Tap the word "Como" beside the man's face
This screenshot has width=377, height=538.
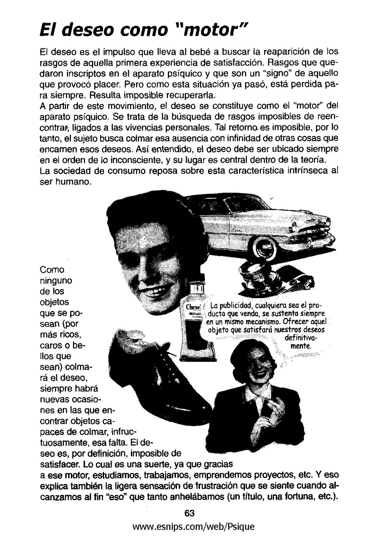coord(52,270)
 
